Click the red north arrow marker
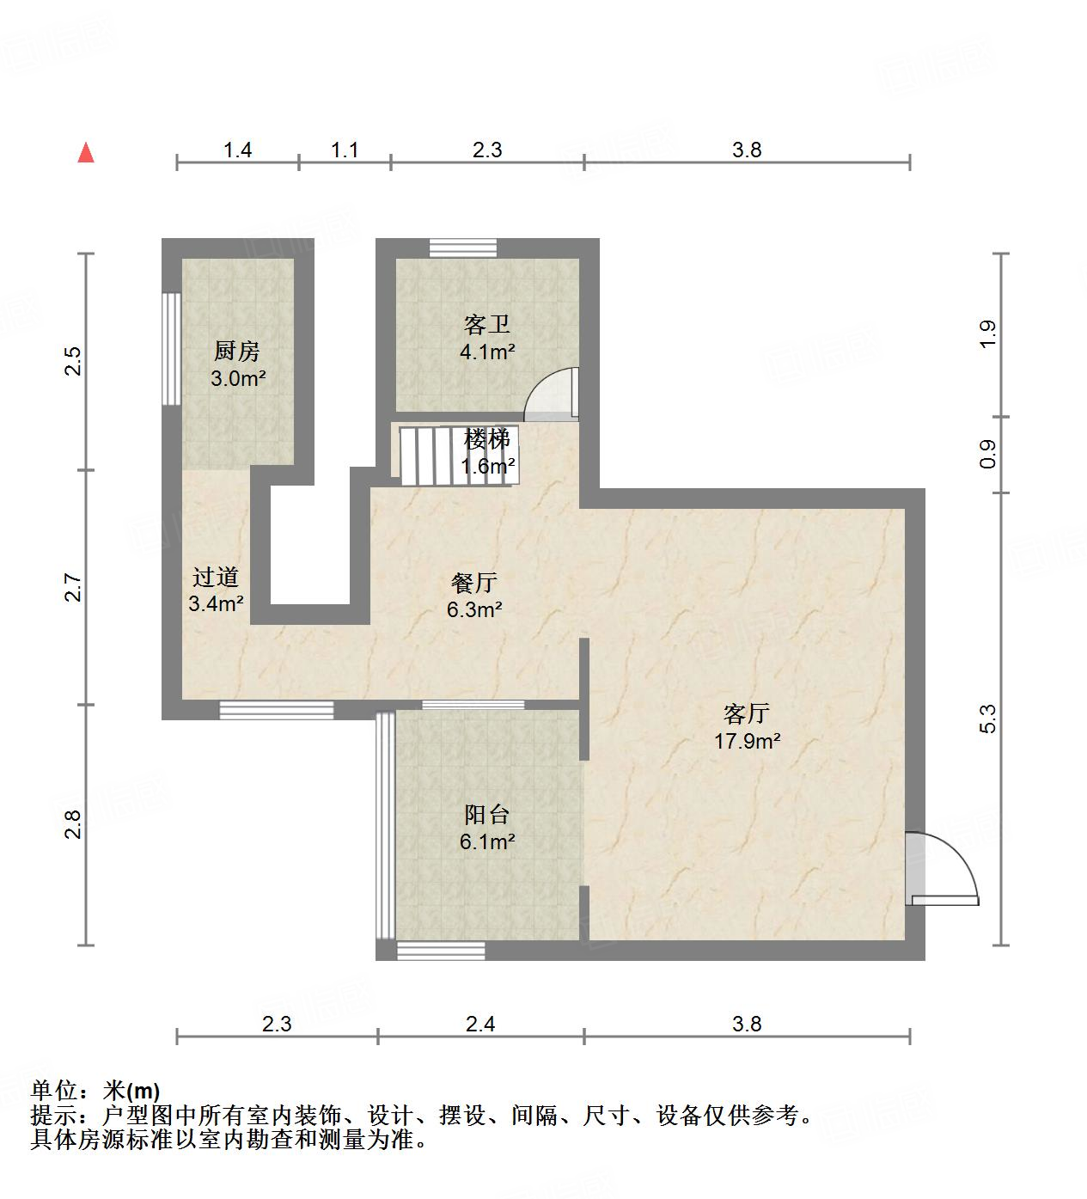coord(86,153)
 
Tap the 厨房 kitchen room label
coord(236,351)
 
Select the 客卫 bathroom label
coord(487,325)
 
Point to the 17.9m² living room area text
coord(748,741)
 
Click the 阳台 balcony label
coord(487,814)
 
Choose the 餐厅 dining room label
coord(474,583)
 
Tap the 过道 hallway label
coord(215,577)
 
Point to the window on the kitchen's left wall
coord(172,349)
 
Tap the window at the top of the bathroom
coord(463,248)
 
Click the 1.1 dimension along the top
coord(345,150)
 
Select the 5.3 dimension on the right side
coord(987,719)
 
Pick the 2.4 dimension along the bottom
coord(481,1024)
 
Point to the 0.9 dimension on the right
coord(987,454)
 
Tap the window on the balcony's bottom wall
coord(441,951)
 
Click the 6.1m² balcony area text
coord(487,841)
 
